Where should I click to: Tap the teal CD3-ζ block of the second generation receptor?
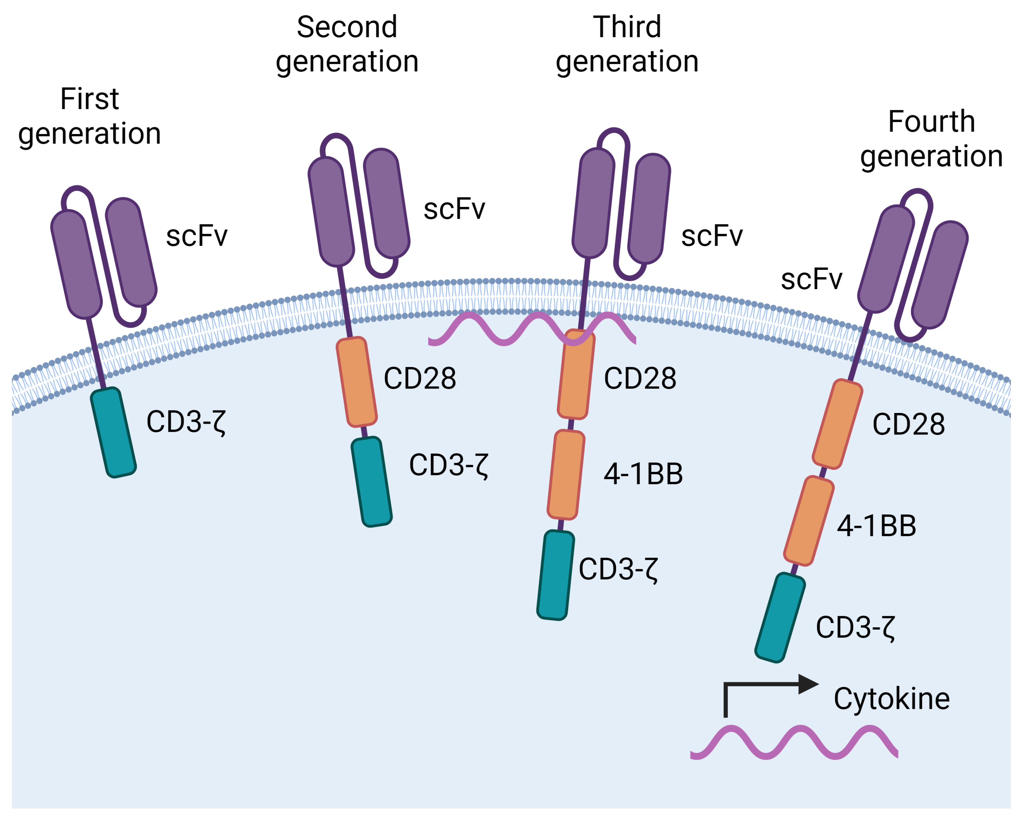372,482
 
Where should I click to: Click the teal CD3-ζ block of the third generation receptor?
555,575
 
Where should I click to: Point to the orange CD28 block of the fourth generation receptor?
837,424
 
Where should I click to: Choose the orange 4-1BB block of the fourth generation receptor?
808,521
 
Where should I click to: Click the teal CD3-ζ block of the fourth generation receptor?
780,617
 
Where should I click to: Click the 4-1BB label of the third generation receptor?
643,474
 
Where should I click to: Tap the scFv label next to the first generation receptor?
197,236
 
